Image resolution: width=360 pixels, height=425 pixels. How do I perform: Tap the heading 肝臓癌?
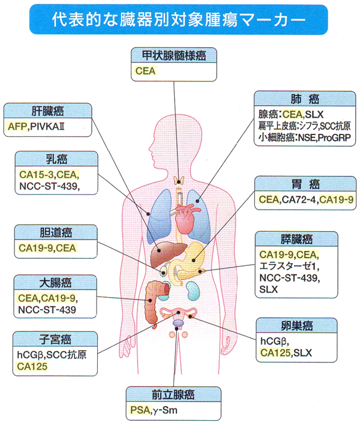pos(48,111)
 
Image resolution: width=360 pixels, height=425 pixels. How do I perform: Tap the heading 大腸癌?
pos(55,282)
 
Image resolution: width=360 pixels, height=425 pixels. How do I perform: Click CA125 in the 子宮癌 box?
pos(33,366)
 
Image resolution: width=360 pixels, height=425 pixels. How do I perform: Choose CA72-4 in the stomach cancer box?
pos(298,199)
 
